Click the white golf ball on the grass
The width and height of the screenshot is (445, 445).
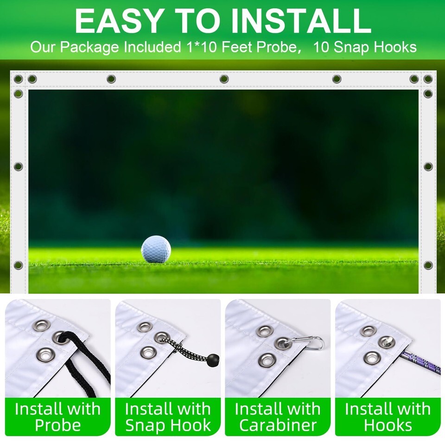coord(156,249)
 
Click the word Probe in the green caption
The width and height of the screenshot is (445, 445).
coord(58,425)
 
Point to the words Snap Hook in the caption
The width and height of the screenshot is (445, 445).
coord(168,425)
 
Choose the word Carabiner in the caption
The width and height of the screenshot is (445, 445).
coord(278,425)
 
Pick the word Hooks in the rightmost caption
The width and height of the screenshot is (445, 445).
coord(388,425)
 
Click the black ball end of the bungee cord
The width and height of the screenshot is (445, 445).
coord(213,360)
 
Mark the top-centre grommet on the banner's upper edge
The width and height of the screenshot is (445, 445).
coord(224,79)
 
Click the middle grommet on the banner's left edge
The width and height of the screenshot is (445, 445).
coord(18,166)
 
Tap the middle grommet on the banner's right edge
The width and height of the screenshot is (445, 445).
coord(428,166)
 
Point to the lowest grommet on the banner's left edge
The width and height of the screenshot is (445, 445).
coord(18,265)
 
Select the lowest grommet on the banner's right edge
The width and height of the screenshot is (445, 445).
coord(428,265)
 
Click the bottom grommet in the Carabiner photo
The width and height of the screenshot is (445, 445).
coord(267,360)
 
